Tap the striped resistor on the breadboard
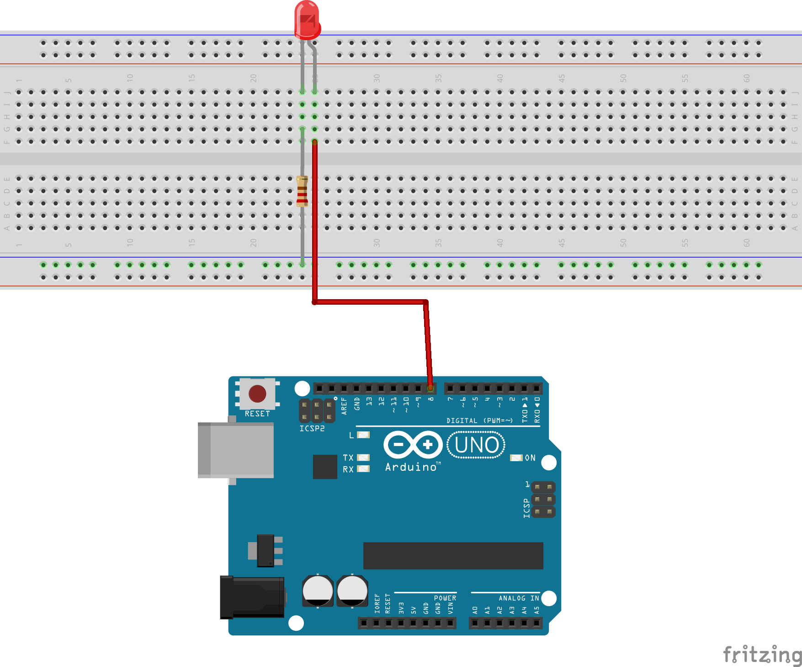click(x=302, y=191)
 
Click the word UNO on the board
click(x=476, y=445)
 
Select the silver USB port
click(x=236, y=450)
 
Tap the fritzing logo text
click(x=762, y=654)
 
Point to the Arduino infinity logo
click(x=413, y=444)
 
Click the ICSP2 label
click(x=312, y=429)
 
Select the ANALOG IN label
click(x=519, y=598)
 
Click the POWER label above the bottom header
click(x=445, y=598)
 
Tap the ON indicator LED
click(x=516, y=457)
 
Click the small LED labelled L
click(x=363, y=435)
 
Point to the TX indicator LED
click(x=363, y=457)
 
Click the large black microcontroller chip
click(x=453, y=555)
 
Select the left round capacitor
click(x=318, y=591)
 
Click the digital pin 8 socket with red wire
click(x=430, y=388)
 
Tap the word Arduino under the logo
click(x=411, y=467)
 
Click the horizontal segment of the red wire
click(x=370, y=302)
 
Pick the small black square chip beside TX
click(x=325, y=467)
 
